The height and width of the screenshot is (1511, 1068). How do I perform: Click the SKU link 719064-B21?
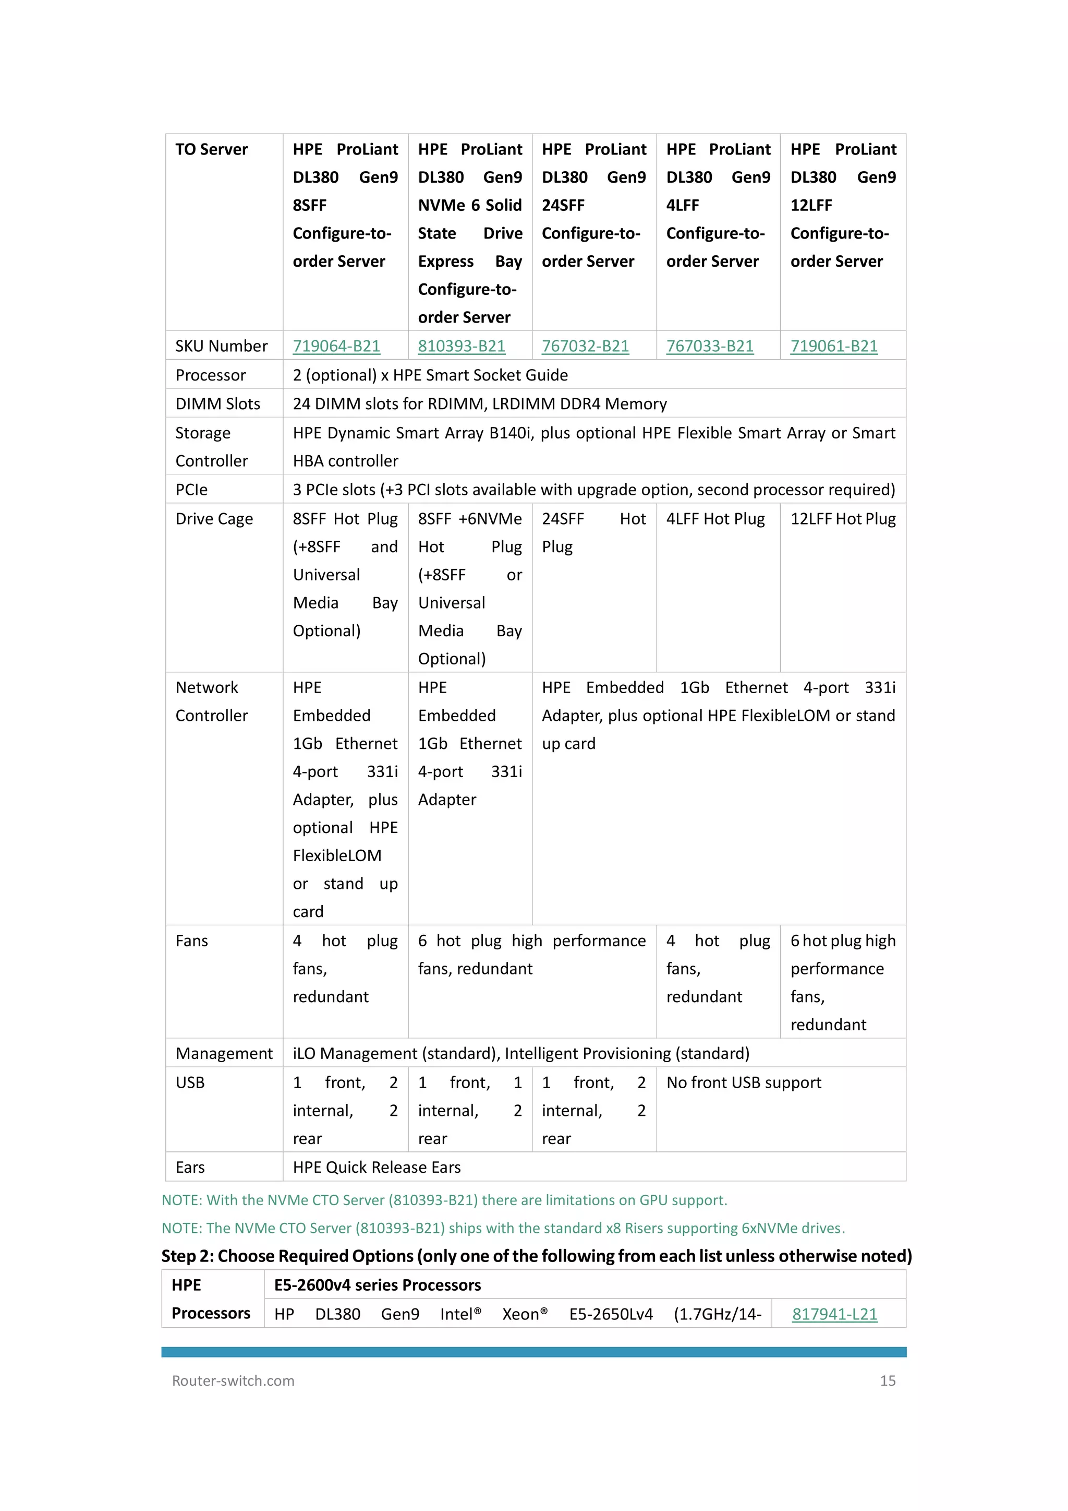(x=336, y=346)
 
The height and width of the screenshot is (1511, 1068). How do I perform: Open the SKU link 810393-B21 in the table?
(x=462, y=346)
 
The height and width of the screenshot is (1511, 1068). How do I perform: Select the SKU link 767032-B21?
(x=585, y=346)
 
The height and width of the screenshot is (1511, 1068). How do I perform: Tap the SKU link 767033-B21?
(x=710, y=346)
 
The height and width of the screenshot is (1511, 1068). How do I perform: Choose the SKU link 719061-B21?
(x=834, y=346)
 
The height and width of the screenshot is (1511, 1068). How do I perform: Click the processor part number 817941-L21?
(x=834, y=1314)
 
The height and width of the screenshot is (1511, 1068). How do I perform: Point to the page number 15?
(x=888, y=1381)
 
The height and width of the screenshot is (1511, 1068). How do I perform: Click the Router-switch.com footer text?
(x=233, y=1381)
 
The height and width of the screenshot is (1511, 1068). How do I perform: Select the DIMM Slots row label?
(x=217, y=404)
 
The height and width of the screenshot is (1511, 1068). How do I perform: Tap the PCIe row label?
(x=191, y=490)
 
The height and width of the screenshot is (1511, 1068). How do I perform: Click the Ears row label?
(x=190, y=1168)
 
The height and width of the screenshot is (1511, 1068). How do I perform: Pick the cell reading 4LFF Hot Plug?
(x=715, y=519)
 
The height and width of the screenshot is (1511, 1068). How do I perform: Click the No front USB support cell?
(x=744, y=1082)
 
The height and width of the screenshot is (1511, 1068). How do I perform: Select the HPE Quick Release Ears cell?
(x=377, y=1168)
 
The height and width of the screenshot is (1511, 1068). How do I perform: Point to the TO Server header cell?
(x=211, y=149)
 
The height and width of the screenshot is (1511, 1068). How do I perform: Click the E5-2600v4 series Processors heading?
(x=378, y=1286)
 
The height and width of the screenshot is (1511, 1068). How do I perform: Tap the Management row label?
(x=224, y=1054)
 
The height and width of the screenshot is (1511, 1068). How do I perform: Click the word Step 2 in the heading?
(x=187, y=1256)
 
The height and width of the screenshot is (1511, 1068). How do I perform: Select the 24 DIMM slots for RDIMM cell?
(x=479, y=404)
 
